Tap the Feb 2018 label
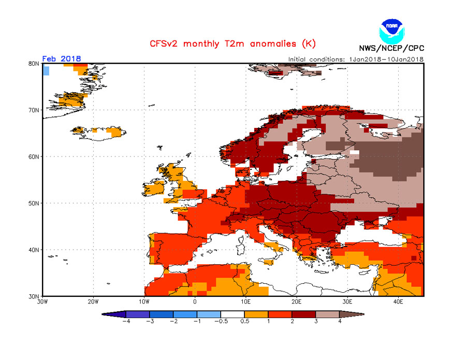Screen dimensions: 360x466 pyautogui.click(x=61, y=59)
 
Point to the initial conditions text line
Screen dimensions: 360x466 pyautogui.click(x=356, y=59)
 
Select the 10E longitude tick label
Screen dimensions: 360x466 pyautogui.click(x=245, y=301)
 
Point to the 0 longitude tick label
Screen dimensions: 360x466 pyautogui.click(x=195, y=301)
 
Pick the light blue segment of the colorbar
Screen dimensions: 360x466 pyautogui.click(x=209, y=314)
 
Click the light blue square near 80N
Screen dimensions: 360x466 pyautogui.click(x=46, y=70)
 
